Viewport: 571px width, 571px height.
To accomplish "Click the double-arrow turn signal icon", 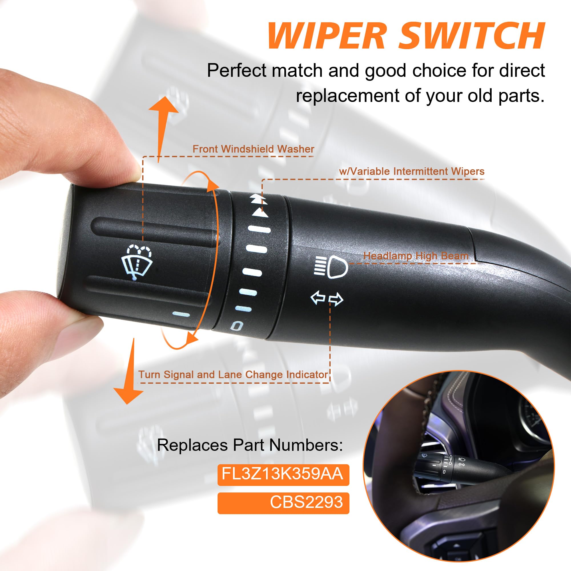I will click(x=327, y=299).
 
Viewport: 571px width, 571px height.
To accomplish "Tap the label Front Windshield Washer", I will click(x=253, y=149).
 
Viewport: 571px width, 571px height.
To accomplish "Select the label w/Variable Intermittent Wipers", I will click(x=412, y=171).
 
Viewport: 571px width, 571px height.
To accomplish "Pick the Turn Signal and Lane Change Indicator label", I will click(x=233, y=375).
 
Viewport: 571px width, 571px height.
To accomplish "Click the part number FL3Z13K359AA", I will click(x=283, y=474).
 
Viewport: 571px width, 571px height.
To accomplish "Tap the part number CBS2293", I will click(x=306, y=502).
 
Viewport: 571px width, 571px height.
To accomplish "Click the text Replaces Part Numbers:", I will click(x=250, y=445).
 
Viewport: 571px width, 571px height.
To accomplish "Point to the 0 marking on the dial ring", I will click(x=237, y=326).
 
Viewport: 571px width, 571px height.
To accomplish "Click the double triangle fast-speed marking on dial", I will click(x=258, y=199).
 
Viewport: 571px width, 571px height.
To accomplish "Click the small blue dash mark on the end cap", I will click(x=181, y=314).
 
